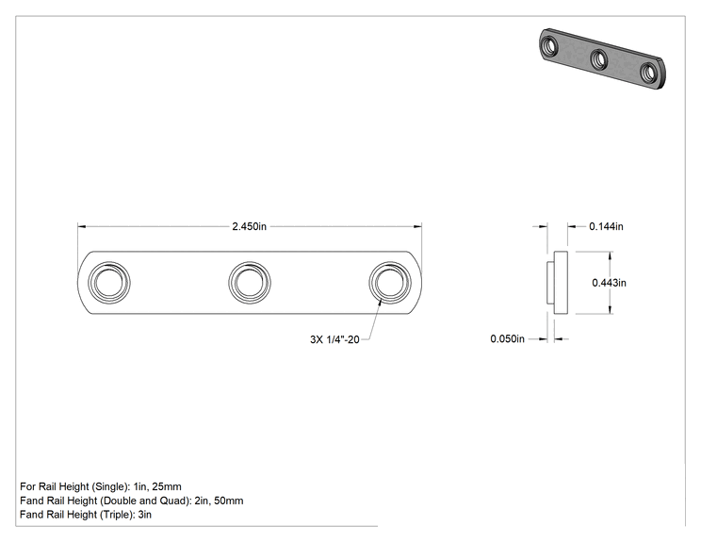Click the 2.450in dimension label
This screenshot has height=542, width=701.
click(x=249, y=226)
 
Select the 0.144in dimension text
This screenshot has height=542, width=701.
click(x=606, y=226)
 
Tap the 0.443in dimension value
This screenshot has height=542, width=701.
click(x=609, y=283)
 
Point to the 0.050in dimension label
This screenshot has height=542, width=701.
click(x=508, y=338)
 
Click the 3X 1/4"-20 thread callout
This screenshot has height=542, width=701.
click(x=334, y=339)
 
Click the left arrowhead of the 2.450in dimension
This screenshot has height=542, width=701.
click(x=82, y=226)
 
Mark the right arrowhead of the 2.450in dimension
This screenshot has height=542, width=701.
click(x=417, y=226)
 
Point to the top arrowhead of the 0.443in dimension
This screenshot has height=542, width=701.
click(x=611, y=255)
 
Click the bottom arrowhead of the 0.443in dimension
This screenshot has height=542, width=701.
click(x=611, y=309)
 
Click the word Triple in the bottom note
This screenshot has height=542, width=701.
click(x=116, y=515)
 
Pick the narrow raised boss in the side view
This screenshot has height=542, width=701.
click(x=551, y=283)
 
